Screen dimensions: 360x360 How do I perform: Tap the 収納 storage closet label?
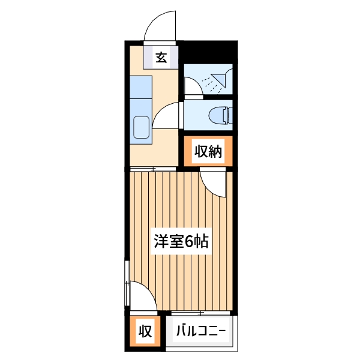point(208,152)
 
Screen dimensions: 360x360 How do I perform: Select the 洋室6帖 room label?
point(180,242)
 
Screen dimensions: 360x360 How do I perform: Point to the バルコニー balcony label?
point(200,331)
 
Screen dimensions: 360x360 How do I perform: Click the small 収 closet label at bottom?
point(145,331)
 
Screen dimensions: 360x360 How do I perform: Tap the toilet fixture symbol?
point(220,114)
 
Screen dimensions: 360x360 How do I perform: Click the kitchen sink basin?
point(142,128)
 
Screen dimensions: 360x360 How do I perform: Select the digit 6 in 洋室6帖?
point(190,242)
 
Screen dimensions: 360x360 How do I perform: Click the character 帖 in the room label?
point(202,242)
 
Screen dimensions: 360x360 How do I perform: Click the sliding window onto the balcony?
point(200,313)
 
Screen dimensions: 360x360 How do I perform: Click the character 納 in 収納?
point(215,152)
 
